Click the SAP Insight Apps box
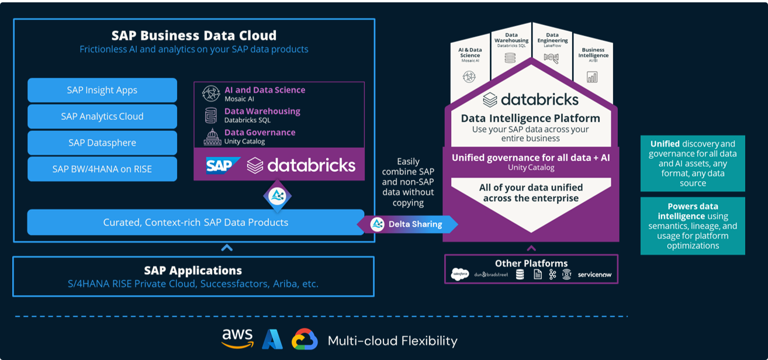tap(102, 90)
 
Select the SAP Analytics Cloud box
tap(102, 116)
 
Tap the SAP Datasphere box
tap(102, 143)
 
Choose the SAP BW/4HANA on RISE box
tap(102, 169)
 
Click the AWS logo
tap(237, 338)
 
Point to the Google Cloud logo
tap(305, 340)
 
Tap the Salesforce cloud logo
tap(460, 274)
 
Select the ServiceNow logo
tap(594, 274)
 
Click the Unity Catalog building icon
tap(212, 137)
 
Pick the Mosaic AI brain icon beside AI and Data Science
tap(211, 94)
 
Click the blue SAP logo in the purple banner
tap(223, 165)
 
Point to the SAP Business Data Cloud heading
tap(194, 36)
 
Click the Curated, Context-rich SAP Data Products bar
tap(195, 222)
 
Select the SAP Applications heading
tap(193, 271)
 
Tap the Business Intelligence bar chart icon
tap(592, 77)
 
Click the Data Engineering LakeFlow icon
tap(551, 58)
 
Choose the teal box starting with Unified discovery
tap(693, 163)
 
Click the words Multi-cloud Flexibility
tap(393, 341)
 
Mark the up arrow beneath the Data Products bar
tap(227, 248)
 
